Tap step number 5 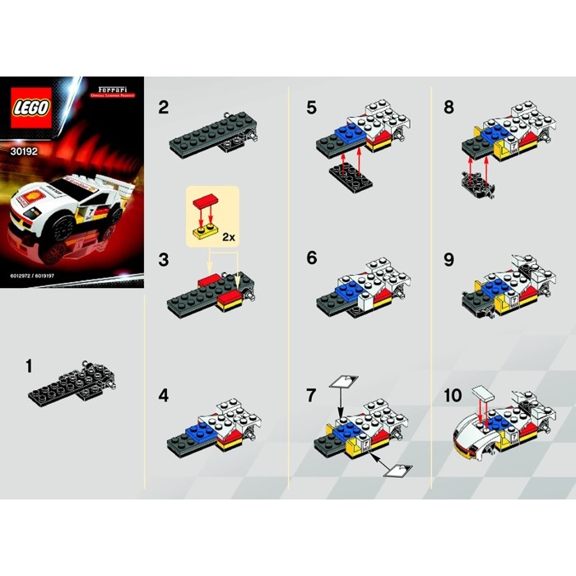(x=310, y=107)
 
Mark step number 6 (x=310, y=258)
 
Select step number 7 (x=310, y=395)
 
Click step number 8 (x=448, y=107)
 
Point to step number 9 (x=448, y=258)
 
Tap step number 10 (x=452, y=395)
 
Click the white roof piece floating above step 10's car (x=482, y=393)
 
